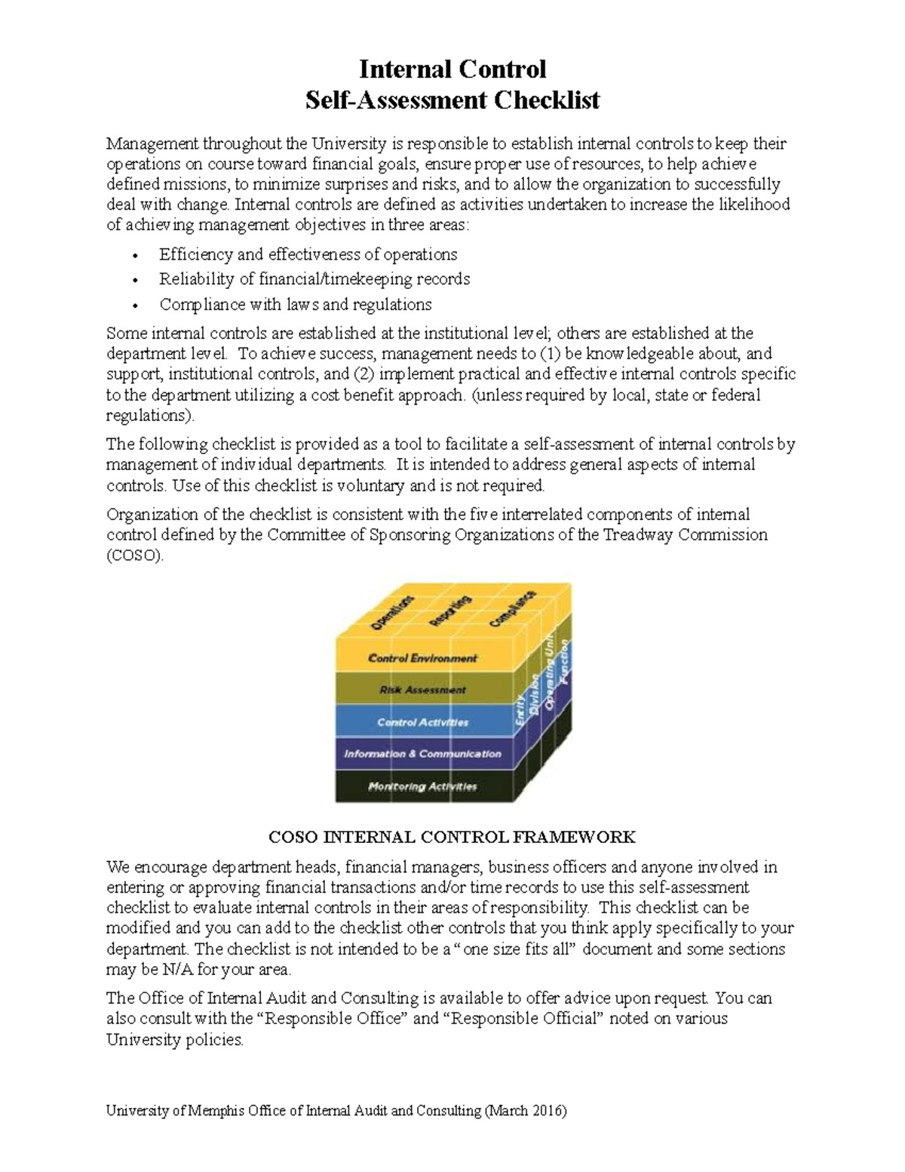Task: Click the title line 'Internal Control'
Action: pyautogui.click(x=452, y=69)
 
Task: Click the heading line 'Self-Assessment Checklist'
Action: pyautogui.click(x=452, y=100)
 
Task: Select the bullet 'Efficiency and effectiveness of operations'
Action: pyautogui.click(x=308, y=254)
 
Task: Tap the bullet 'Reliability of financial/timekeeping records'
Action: pyautogui.click(x=314, y=279)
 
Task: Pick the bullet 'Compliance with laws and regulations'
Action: pyautogui.click(x=295, y=304)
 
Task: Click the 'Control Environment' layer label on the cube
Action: pyautogui.click(x=422, y=658)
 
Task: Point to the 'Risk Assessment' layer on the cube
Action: pyautogui.click(x=422, y=690)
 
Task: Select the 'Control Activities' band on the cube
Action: pyautogui.click(x=422, y=722)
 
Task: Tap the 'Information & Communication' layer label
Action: pyautogui.click(x=422, y=754)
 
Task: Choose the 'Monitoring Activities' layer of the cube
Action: pyautogui.click(x=422, y=786)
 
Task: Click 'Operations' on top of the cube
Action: pyautogui.click(x=392, y=612)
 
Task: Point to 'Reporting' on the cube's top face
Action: pyautogui.click(x=450, y=611)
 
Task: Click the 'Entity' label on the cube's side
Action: pyautogui.click(x=520, y=711)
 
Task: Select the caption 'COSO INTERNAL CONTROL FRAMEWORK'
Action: pyautogui.click(x=452, y=837)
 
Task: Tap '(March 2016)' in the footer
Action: pyautogui.click(x=526, y=1111)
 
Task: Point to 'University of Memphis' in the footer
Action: pyautogui.click(x=171, y=1111)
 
